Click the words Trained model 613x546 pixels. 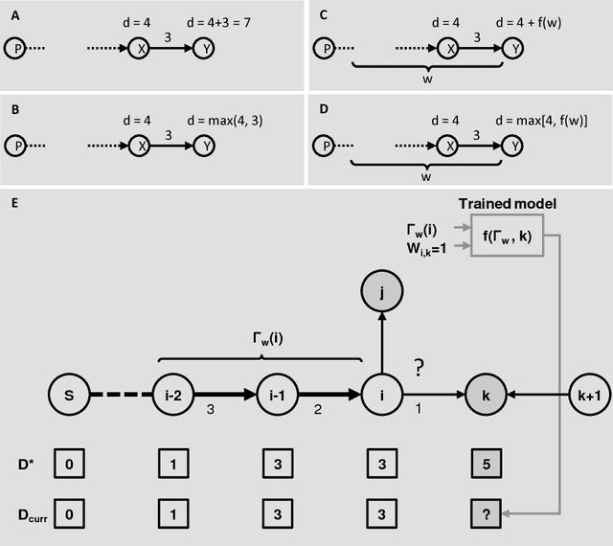[509, 203]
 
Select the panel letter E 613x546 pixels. [11, 203]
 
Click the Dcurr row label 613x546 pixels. [27, 513]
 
